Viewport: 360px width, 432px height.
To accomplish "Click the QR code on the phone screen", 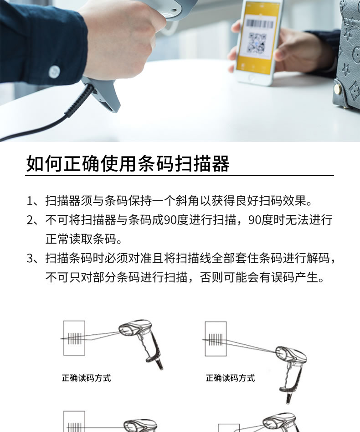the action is [x=257, y=43].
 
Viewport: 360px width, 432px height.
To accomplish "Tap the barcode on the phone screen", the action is [x=260, y=24].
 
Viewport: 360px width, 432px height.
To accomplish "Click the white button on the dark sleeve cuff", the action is [x=54, y=72].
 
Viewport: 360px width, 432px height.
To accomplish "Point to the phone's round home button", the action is [x=251, y=78].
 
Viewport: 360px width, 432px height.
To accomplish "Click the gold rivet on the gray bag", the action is [x=337, y=88].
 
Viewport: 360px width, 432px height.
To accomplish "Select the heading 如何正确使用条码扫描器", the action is [x=128, y=164].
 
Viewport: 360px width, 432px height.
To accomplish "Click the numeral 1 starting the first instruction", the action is [x=30, y=201].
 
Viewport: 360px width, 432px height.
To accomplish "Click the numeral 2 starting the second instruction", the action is [x=30, y=220].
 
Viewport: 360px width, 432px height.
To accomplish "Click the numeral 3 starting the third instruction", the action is [x=30, y=258].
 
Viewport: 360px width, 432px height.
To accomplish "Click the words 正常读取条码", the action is [x=81, y=239].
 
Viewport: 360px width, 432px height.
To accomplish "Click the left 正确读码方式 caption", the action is [x=86, y=378].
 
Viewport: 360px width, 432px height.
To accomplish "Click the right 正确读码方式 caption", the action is [x=230, y=378].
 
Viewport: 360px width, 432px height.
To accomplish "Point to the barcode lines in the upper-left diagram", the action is [x=75, y=338].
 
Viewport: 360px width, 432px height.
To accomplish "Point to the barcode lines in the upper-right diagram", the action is [x=216, y=339].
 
